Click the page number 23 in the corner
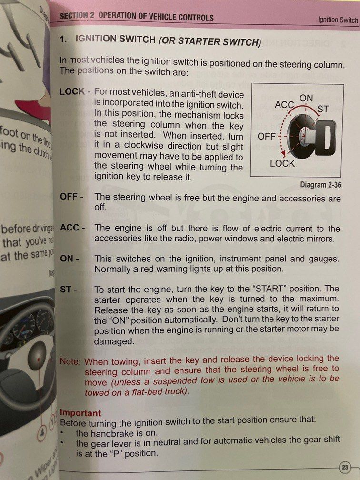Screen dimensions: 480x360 coord(345,466)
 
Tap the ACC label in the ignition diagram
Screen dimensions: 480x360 coord(285,105)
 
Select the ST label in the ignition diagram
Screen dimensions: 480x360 coord(323,109)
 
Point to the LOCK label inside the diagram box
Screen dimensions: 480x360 coord(282,163)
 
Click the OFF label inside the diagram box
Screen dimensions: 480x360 coord(266,136)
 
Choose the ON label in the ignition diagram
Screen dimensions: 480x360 coord(306,98)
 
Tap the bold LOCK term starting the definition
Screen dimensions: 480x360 coord(72,91)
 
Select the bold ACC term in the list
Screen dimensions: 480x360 coord(70,228)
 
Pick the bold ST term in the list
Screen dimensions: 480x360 coord(65,290)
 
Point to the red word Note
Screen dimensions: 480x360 coord(70,361)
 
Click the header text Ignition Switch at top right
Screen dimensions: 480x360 coord(338,20)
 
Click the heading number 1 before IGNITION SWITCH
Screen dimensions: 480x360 coord(63,40)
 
